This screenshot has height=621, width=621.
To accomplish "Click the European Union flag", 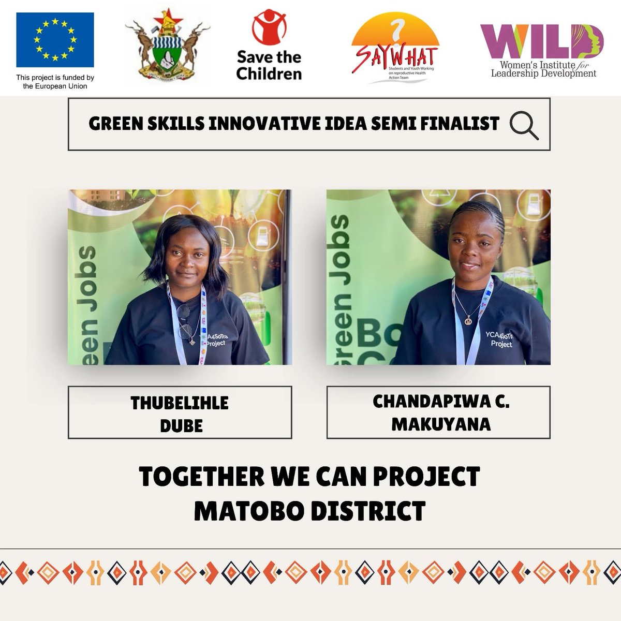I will pyautogui.click(x=55, y=40).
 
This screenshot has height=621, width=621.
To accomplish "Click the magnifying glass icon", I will pyautogui.click(x=523, y=126).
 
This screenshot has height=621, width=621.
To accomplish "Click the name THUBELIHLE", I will pyautogui.click(x=180, y=403).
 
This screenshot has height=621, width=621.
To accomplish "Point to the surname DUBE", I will pyautogui.click(x=181, y=425).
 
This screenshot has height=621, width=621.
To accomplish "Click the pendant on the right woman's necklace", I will pyautogui.click(x=468, y=321).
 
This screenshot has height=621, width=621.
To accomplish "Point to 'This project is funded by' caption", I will pyautogui.click(x=55, y=78).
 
